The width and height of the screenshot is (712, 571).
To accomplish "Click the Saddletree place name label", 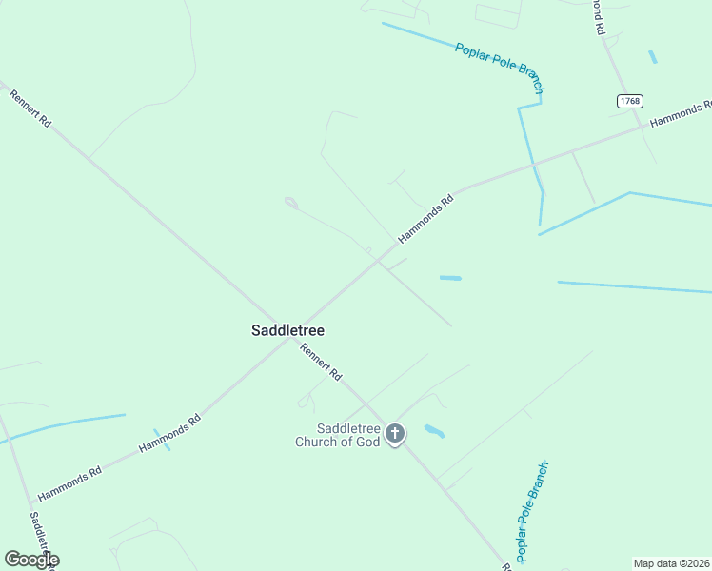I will click(287, 331).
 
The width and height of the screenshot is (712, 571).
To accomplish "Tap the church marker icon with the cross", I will click(395, 435).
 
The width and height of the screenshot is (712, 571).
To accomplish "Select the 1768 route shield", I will click(629, 101).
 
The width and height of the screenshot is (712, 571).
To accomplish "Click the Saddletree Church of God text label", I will click(337, 435).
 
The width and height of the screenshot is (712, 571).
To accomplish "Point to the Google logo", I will click(31, 559).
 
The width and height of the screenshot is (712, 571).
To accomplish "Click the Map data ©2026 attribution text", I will click(670, 562).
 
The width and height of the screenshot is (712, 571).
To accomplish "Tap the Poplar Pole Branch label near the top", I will click(499, 68).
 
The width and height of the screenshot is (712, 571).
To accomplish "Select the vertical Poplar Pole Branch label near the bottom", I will click(531, 511).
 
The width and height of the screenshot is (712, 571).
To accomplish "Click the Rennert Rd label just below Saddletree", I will click(321, 362).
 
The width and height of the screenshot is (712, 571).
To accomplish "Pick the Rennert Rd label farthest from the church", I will click(30, 109).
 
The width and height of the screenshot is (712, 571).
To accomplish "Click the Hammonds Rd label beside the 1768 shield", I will click(680, 114).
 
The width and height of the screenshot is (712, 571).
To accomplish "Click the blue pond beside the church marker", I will click(434, 431).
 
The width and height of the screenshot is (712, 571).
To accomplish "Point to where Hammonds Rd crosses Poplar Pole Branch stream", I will click(535, 167).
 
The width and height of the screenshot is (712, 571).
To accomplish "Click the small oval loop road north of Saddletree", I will click(291, 203).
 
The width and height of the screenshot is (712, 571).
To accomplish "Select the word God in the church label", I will click(368, 442).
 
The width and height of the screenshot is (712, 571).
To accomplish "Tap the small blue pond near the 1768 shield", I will click(653, 57).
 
